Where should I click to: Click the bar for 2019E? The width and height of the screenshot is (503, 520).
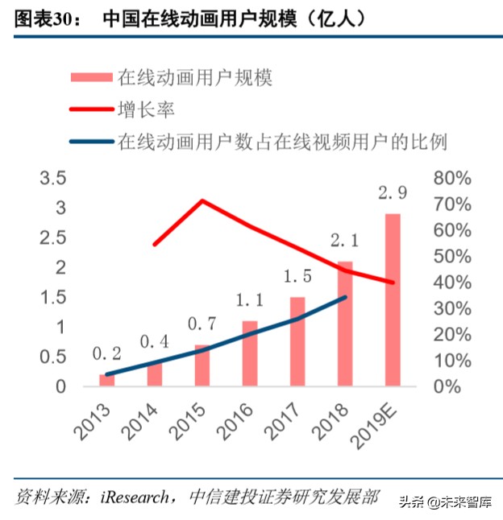coord(393,299)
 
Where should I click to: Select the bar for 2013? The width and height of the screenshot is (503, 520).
coord(107,379)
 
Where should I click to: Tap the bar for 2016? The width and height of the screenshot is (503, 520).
coord(250,353)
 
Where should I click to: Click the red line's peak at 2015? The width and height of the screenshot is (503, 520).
coord(202,200)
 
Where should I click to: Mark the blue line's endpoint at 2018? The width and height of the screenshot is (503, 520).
coord(345,297)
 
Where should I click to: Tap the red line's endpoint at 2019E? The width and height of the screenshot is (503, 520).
coord(393,283)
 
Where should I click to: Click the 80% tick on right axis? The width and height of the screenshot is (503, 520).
coord(450,177)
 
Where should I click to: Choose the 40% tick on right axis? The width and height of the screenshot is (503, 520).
coord(450,282)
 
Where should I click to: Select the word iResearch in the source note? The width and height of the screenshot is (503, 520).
coord(135,496)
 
